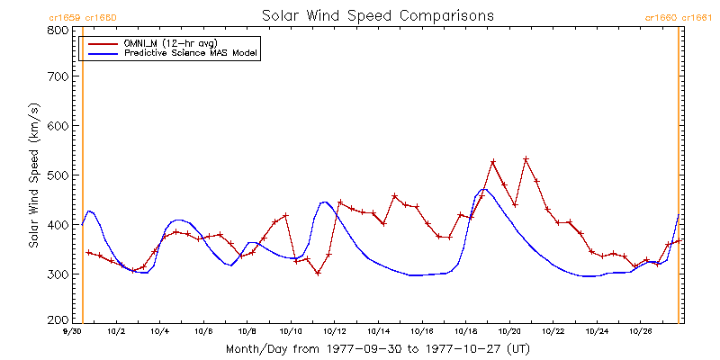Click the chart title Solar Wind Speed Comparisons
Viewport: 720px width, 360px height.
377,15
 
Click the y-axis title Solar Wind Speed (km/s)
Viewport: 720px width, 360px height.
33,175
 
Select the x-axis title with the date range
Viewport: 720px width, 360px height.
377,348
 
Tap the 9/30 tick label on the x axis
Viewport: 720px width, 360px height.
73,332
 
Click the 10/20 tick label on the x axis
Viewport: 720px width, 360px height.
509,332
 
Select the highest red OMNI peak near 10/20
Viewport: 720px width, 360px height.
526,159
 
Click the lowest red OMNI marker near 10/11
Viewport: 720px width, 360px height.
318,273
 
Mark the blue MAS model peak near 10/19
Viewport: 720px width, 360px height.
484,190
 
